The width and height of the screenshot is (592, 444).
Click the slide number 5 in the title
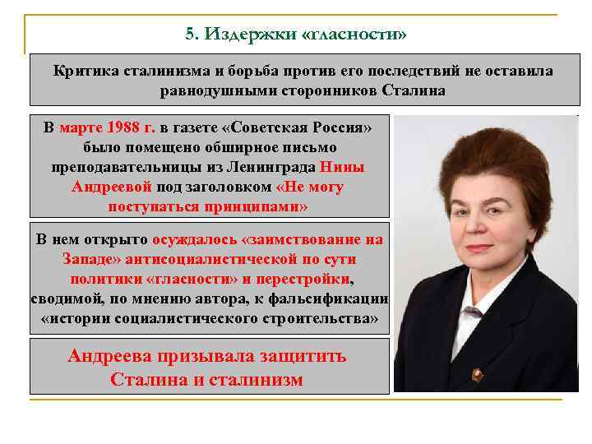190,35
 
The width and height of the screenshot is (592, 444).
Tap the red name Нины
343,168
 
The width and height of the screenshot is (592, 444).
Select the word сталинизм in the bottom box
257,379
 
